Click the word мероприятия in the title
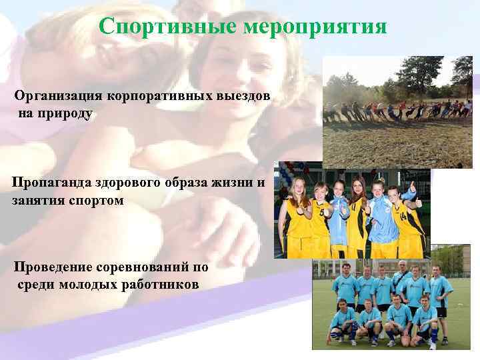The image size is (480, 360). tap(315, 27)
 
